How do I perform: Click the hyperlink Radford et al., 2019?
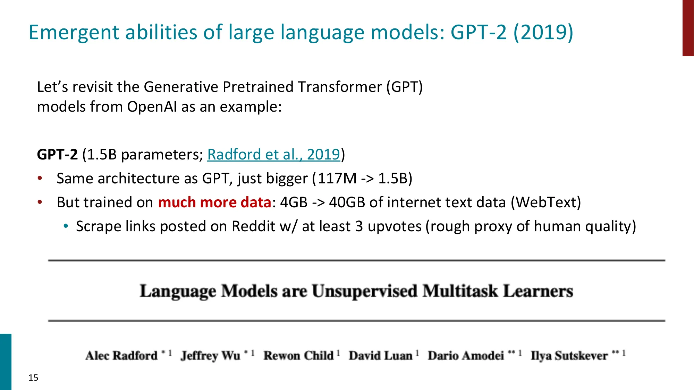[273, 155]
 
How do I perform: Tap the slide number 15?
[33, 378]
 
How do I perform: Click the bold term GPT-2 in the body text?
[57, 155]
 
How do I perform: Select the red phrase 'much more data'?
[214, 202]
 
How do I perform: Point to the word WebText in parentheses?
[545, 202]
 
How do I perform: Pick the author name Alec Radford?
[121, 356]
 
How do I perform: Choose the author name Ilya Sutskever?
[569, 356]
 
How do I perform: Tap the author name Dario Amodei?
[466, 356]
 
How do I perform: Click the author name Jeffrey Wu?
[210, 356]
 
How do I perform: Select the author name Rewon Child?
[298, 356]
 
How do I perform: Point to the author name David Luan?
[381, 356]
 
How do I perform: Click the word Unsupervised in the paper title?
[364, 291]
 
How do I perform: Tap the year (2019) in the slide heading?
[543, 32]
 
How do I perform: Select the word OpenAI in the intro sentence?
[152, 107]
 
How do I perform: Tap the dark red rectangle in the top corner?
[688, 28]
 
